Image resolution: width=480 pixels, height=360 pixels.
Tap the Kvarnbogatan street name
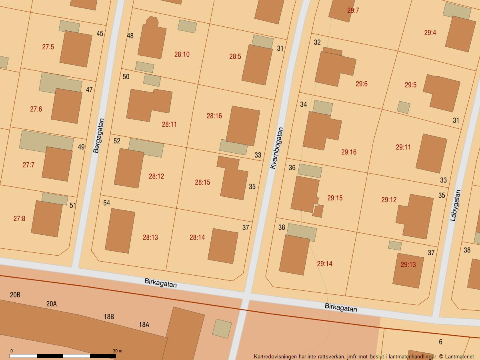point(276,148)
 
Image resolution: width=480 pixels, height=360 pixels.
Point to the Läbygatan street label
point(455,205)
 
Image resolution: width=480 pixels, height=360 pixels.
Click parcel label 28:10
point(182,54)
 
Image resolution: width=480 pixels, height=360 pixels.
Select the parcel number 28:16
point(214,116)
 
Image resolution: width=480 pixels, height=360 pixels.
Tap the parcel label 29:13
point(408,264)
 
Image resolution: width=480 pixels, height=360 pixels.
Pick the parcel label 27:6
point(36,109)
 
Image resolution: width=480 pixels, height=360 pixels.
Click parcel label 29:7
point(353,10)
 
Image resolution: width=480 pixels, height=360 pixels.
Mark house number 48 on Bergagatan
point(130,36)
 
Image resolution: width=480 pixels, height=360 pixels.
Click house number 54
point(106,203)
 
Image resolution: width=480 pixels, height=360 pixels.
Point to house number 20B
point(15,295)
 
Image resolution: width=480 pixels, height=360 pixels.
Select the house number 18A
point(144,325)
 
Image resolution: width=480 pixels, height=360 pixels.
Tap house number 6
point(440,342)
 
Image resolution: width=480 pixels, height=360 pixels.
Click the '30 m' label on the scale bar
point(117,351)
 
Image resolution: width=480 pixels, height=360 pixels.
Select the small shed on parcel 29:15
point(318,211)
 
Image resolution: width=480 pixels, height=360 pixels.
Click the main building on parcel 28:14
point(223,246)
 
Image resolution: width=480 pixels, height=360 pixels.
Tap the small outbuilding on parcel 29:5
point(404,107)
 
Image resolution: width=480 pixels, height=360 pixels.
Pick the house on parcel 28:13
point(120,231)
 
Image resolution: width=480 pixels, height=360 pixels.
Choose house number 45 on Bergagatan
point(100,34)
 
